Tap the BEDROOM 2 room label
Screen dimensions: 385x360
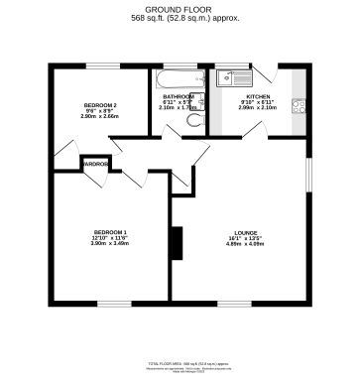click(99, 104)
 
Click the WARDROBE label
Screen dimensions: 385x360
click(95, 163)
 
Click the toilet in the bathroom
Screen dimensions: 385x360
click(194, 120)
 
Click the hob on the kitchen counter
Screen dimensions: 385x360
click(297, 106)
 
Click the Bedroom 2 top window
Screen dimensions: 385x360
click(99, 66)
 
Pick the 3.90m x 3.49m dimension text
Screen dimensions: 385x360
click(110, 244)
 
